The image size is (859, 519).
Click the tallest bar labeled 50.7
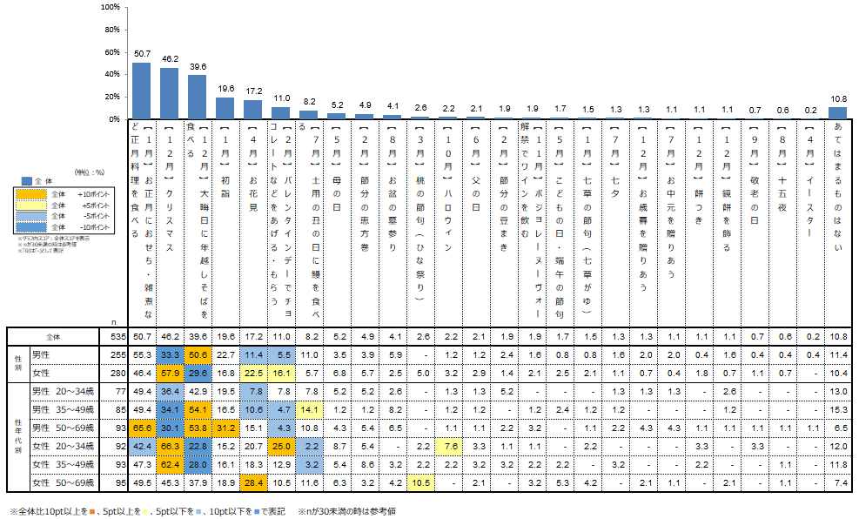click(x=141, y=91)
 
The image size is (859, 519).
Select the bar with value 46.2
click(x=169, y=93)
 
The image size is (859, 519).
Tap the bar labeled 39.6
click(x=197, y=97)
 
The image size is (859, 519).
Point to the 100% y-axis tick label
click(x=110, y=7)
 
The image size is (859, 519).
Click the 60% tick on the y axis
click(x=111, y=52)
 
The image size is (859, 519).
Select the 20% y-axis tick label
click(x=111, y=97)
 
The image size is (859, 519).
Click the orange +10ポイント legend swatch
click(x=30, y=193)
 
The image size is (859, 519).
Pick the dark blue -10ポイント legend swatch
click(x=30, y=226)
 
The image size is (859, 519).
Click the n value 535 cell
click(x=118, y=335)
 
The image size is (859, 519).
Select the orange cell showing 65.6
click(x=141, y=428)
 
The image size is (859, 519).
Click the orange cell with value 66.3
click(x=169, y=447)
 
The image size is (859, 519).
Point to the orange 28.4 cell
click(x=253, y=482)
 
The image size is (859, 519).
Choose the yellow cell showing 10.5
click(x=420, y=482)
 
